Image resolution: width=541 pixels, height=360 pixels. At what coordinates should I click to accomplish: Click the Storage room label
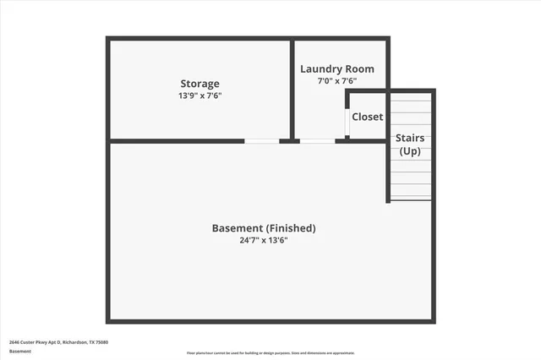click(199, 84)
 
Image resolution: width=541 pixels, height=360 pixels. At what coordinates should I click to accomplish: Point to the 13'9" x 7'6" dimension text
click(199, 95)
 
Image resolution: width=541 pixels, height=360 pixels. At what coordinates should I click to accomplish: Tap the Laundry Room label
click(337, 69)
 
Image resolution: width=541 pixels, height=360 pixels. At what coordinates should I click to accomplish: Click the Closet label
click(367, 117)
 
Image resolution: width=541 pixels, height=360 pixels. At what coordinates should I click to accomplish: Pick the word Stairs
click(410, 138)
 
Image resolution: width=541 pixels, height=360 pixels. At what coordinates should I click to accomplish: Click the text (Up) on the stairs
click(410, 150)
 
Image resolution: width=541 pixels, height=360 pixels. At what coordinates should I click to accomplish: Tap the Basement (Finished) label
click(263, 228)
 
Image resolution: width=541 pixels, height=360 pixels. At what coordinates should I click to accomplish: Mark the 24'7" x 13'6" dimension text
click(263, 240)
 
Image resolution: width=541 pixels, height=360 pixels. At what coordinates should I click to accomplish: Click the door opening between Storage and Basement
click(262, 140)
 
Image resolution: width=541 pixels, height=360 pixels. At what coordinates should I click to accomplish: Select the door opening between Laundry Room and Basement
click(317, 140)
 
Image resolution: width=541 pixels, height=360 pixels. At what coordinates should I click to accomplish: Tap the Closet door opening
click(347, 122)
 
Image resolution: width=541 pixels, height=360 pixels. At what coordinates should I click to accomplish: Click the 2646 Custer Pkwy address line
click(58, 342)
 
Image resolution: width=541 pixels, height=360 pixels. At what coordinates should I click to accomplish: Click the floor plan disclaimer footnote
click(270, 353)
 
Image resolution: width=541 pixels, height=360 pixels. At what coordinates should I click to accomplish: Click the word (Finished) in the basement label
click(290, 228)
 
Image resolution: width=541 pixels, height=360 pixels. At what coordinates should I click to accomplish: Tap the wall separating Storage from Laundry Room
click(292, 89)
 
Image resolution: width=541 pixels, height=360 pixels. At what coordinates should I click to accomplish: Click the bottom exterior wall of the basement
click(270, 320)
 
